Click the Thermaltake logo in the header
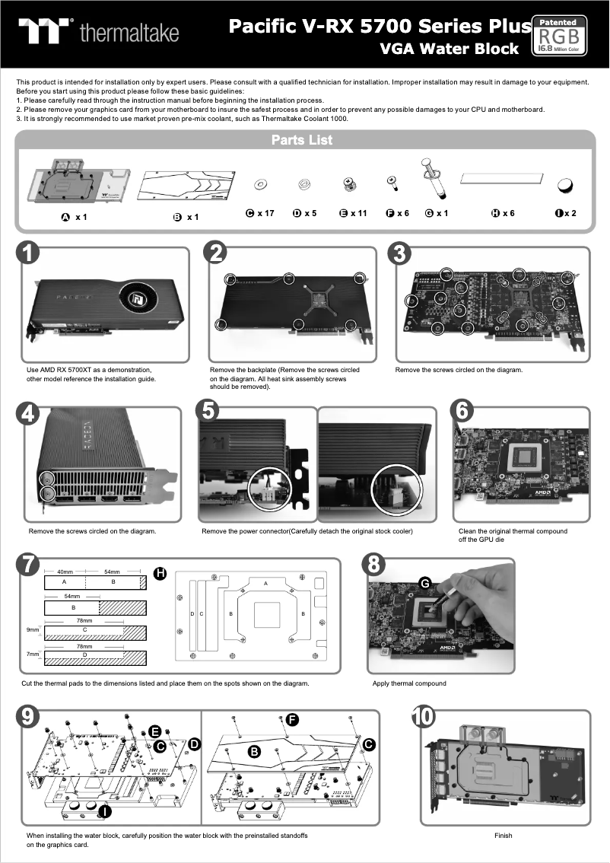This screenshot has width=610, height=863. click(100, 31)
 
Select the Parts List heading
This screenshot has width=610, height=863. click(302, 140)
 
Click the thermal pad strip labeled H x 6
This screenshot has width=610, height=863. click(503, 177)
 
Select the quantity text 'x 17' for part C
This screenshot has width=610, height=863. click(265, 213)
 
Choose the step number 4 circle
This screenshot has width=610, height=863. click(28, 412)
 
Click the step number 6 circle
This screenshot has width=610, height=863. click(463, 412)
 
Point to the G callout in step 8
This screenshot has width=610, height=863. click(426, 584)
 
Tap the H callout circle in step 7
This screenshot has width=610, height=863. click(160, 573)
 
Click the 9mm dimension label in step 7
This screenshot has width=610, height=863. click(33, 630)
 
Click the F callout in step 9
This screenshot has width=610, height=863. click(291, 720)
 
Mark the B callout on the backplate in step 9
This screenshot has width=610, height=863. click(254, 752)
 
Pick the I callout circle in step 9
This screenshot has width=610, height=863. click(105, 812)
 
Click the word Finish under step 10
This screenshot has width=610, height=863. click(503, 836)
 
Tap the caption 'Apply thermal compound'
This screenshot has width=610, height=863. click(409, 683)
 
